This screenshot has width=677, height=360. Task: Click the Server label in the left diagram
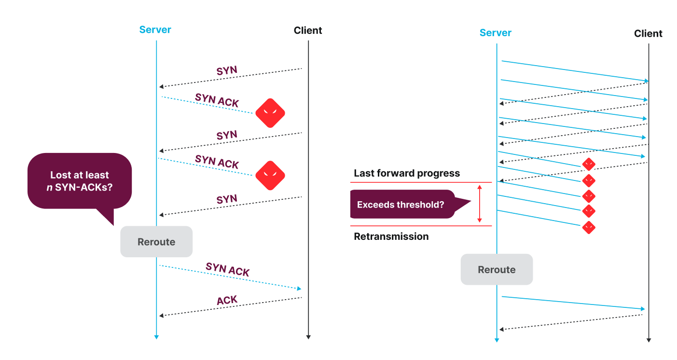coord(155,29)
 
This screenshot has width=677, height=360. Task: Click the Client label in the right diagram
coord(648,33)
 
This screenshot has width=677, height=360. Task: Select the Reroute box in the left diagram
coord(156,242)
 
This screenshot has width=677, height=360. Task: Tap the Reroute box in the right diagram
coord(497,269)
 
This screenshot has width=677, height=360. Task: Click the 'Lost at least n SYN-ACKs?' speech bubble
coord(80,181)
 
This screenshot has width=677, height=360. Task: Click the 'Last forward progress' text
coord(407,173)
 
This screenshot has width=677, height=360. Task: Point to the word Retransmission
coord(391,236)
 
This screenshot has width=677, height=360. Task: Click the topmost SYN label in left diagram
coord(227,70)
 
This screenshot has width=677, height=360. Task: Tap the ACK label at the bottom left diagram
coord(227,301)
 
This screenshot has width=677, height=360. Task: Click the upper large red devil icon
coord(270,113)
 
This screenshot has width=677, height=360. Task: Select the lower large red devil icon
coord(270,175)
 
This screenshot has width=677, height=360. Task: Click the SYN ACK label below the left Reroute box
coord(227,269)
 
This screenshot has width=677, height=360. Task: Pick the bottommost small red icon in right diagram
coord(588,227)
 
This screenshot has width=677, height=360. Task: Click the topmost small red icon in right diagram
coord(588,164)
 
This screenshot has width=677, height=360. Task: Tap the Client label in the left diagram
coord(307,30)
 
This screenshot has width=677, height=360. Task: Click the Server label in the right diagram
coord(495,33)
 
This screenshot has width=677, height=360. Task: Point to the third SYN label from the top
coord(227,199)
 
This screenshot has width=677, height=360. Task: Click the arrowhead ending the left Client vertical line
coord(308,337)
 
